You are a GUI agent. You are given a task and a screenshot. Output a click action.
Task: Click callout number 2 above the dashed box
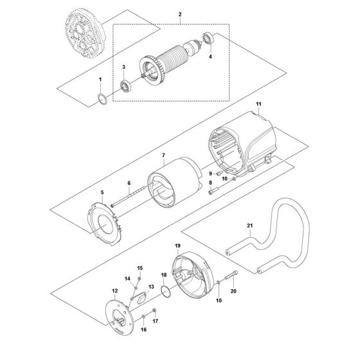[180, 14]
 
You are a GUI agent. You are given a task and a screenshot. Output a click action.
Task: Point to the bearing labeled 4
[209, 37]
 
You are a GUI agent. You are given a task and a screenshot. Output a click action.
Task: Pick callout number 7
[164, 155]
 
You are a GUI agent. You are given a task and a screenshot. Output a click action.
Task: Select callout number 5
[101, 192]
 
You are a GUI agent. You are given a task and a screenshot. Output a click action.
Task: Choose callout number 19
[177, 246]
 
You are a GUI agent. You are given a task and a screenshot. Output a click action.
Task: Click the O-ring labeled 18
[166, 292]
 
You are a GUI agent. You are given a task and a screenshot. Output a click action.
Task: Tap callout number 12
[115, 291]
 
